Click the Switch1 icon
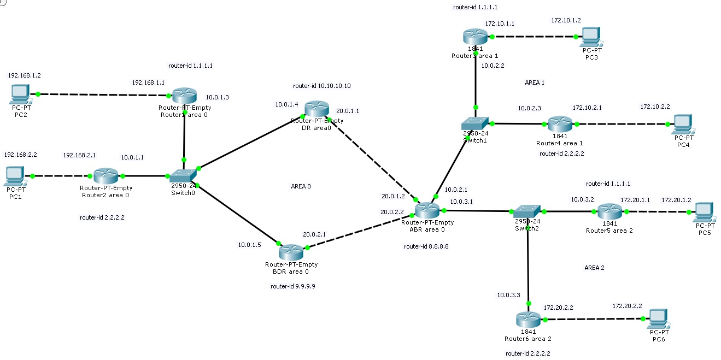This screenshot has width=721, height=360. click(474, 123)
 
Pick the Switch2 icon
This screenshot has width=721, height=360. click(527, 211)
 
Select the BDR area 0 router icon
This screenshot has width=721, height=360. click(290, 252)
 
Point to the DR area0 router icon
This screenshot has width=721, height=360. click(316, 109)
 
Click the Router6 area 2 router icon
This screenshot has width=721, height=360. click(527, 320)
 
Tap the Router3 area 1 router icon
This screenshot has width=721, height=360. click(474, 37)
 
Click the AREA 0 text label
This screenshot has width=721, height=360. click(301, 186)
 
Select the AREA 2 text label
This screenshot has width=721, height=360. click(594, 268)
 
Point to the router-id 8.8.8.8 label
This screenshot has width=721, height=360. click(426, 246)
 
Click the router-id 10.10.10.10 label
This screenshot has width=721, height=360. click(321, 86)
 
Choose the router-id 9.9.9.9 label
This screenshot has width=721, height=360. click(292, 286)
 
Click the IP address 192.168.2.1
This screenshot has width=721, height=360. click(79, 155)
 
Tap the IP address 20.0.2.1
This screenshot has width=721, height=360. click(314, 234)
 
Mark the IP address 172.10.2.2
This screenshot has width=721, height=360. click(655, 107)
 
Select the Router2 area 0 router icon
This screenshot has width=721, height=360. click(105, 176)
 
